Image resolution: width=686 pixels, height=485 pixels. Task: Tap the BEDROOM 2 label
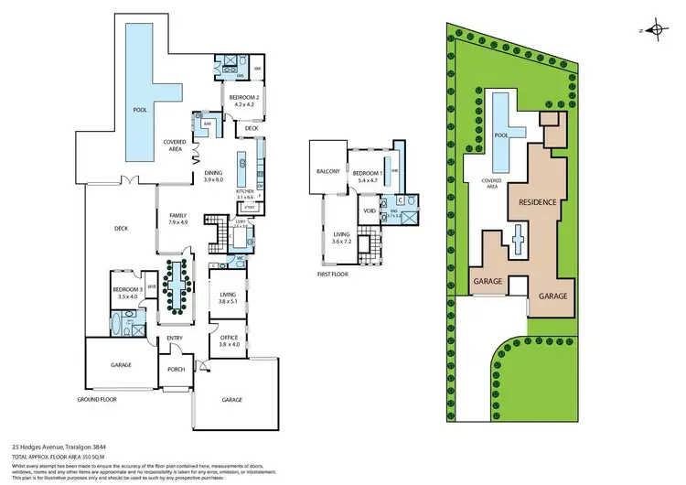point(241,97)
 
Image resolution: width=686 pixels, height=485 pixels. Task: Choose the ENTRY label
point(175,338)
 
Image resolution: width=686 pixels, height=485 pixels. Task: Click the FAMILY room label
point(177,216)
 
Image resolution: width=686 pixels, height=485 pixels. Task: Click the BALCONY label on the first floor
point(328,172)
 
